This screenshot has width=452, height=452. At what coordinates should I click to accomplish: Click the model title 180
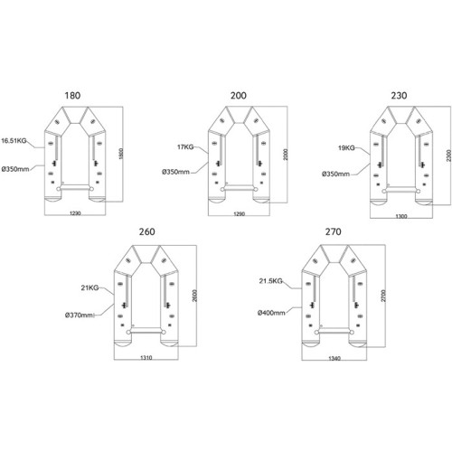[x=72, y=96]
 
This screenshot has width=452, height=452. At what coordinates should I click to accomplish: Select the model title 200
[x=239, y=96]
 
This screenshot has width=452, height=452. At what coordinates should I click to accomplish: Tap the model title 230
[x=399, y=96]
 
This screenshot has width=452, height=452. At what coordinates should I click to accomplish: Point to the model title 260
[x=147, y=231]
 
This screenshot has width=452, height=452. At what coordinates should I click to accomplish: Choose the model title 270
[x=334, y=231]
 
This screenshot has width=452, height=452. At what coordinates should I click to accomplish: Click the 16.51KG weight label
[x=14, y=140]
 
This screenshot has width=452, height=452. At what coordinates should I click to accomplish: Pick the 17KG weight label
[x=185, y=147]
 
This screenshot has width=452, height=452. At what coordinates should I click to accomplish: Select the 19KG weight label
[x=346, y=148]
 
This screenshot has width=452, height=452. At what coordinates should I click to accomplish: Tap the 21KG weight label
[x=89, y=287]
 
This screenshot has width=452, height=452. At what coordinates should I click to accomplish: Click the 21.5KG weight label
[x=270, y=281]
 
